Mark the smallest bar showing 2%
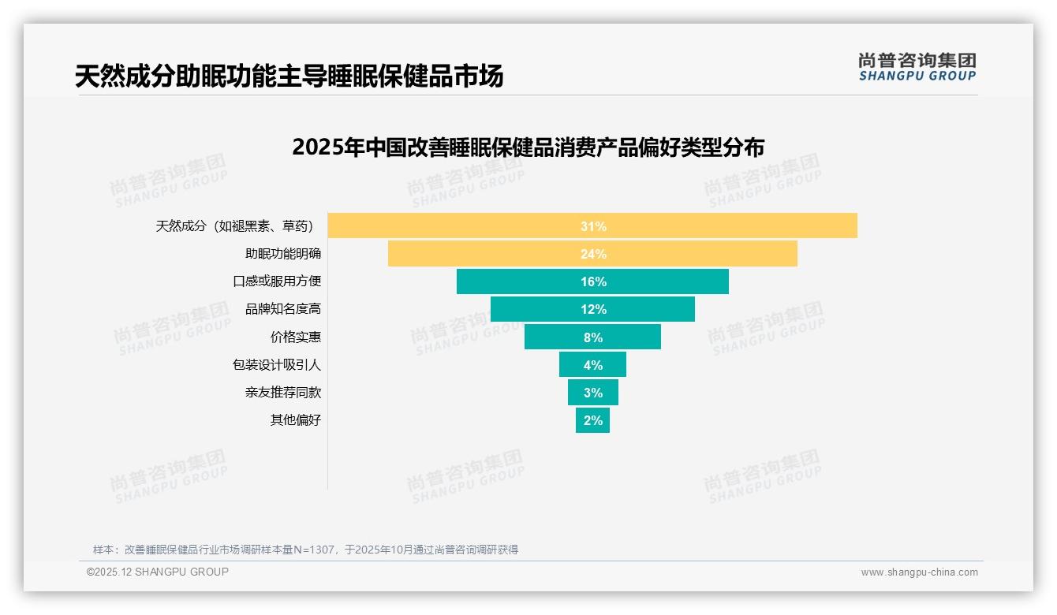[592, 420]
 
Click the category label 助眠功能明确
[283, 254]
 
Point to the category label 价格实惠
[296, 337]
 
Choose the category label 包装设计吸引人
[277, 365]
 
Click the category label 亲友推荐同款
[283, 393]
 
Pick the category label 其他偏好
[296, 420]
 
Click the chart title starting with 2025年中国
[528, 147]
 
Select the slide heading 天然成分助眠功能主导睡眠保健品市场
[289, 76]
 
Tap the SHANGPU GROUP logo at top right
[917, 67]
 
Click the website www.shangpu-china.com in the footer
[919, 572]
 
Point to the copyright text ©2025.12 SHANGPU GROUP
[158, 572]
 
